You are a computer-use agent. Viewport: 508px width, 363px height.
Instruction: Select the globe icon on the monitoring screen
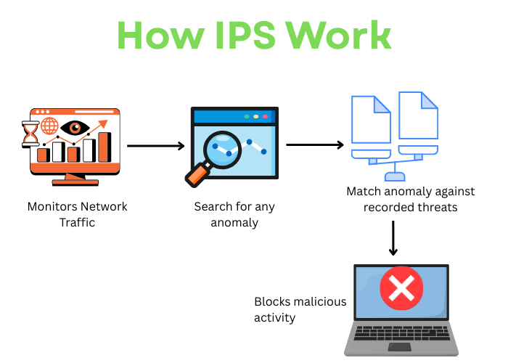[49, 126]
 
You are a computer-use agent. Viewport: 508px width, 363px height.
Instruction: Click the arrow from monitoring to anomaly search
[156, 146]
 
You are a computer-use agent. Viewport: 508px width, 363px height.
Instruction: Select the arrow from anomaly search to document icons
[314, 145]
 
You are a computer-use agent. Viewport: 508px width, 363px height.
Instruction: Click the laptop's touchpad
[401, 346]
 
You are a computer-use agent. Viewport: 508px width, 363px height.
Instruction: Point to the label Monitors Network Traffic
[77, 214]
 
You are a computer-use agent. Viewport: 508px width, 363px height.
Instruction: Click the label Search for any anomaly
[234, 214]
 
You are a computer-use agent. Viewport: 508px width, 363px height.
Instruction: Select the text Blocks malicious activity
[300, 309]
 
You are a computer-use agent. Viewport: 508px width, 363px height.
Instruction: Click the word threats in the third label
[438, 207]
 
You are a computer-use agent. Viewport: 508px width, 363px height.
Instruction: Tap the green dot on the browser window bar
[247, 116]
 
